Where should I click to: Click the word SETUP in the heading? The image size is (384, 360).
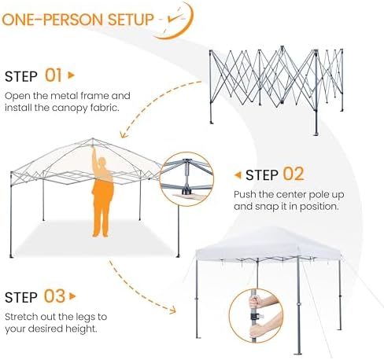click(131, 20)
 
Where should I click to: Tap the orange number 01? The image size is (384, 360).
click(54, 75)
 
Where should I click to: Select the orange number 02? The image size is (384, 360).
click(294, 174)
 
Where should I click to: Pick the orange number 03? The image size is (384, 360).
click(54, 296)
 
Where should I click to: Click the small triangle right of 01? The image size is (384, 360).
click(71, 75)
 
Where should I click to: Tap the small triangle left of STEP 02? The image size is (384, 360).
click(238, 174)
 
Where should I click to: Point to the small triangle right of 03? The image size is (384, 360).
click(72, 296)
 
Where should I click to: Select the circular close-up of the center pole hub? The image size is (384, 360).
click(186, 178)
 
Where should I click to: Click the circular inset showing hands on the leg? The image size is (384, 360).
click(256, 315)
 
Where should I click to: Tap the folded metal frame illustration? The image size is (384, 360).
click(276, 89)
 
